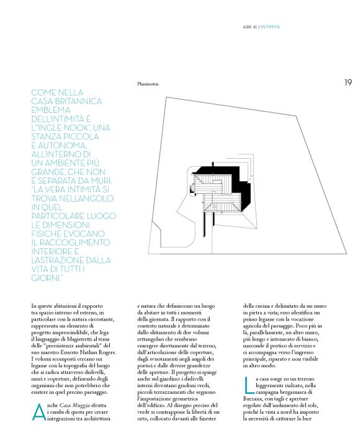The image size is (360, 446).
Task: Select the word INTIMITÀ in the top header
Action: (271, 26)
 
